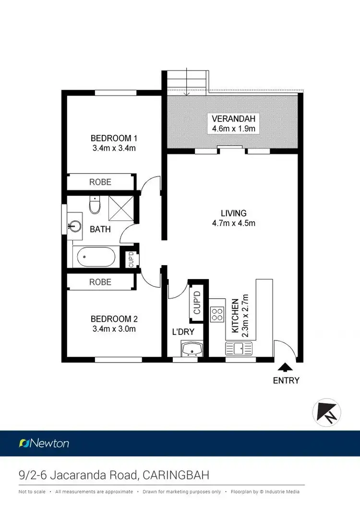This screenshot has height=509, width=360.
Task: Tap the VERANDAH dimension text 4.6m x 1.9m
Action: pyautogui.click(x=233, y=129)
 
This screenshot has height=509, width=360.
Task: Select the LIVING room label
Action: pyautogui.click(x=233, y=213)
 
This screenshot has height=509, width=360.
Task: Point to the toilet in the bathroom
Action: pyautogui.click(x=95, y=206)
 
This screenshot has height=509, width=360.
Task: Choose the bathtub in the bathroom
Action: pyautogui.click(x=94, y=257)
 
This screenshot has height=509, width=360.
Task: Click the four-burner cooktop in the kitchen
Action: pyautogui.click(x=217, y=314)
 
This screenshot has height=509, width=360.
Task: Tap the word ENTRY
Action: pyautogui.click(x=286, y=380)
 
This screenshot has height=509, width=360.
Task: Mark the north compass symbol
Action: pyautogui.click(x=327, y=412)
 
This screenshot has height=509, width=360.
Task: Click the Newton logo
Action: pyautogui.click(x=44, y=443)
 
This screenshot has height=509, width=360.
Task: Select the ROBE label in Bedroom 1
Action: pyautogui.click(x=100, y=182)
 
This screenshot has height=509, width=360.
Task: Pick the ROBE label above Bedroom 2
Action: pyautogui.click(x=100, y=282)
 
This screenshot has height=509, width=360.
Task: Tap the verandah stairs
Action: pyautogui.click(x=188, y=80)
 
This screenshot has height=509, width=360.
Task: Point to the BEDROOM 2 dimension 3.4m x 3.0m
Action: pyautogui.click(x=114, y=329)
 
